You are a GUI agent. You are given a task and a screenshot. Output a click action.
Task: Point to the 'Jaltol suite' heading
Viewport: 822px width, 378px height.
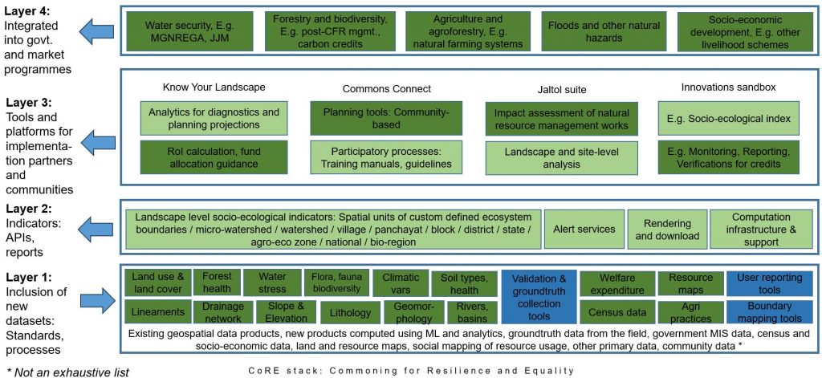tap(561, 90)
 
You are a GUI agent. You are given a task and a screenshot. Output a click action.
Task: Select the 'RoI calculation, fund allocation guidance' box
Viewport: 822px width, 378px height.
tap(214, 157)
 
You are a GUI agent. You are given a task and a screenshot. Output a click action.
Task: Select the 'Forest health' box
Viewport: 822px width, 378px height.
tap(217, 282)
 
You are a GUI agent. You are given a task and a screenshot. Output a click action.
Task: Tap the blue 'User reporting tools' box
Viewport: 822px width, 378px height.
tap(765, 283)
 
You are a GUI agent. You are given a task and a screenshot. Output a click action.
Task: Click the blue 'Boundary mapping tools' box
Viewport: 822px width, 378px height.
tap(765, 312)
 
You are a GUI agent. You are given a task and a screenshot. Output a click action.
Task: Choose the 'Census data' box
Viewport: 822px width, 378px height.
tap(616, 312)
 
